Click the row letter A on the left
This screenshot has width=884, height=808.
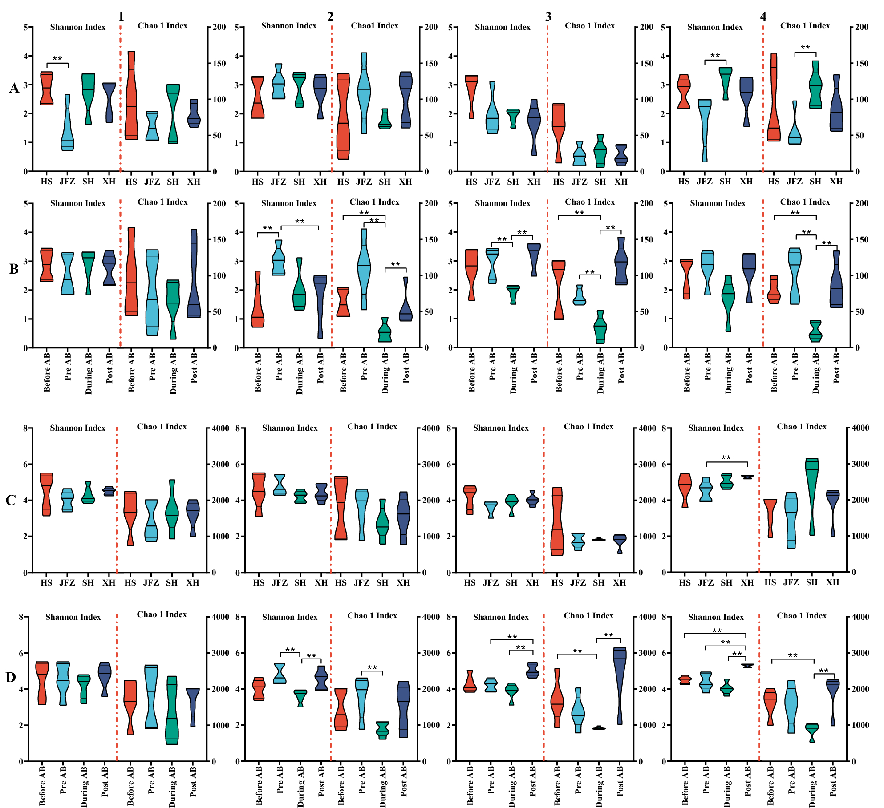tap(14, 88)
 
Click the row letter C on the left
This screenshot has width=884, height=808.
tap(11, 501)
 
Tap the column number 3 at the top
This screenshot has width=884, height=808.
tap(548, 17)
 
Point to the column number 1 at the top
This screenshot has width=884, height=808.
tap(121, 17)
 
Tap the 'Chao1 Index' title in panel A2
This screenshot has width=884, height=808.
tap(374, 26)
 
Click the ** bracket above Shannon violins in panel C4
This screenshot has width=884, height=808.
tap(726, 462)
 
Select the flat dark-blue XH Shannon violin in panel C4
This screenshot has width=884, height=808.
tap(747, 477)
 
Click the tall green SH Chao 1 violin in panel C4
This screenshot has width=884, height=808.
tap(812, 494)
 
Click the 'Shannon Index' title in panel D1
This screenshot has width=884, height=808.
tap(73, 617)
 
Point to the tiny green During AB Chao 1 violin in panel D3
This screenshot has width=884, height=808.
tap(599, 728)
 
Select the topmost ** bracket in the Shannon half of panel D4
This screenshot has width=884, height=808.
tap(715, 633)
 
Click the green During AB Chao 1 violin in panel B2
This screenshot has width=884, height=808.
tap(385, 331)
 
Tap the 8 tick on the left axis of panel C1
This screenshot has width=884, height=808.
tap(26, 428)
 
